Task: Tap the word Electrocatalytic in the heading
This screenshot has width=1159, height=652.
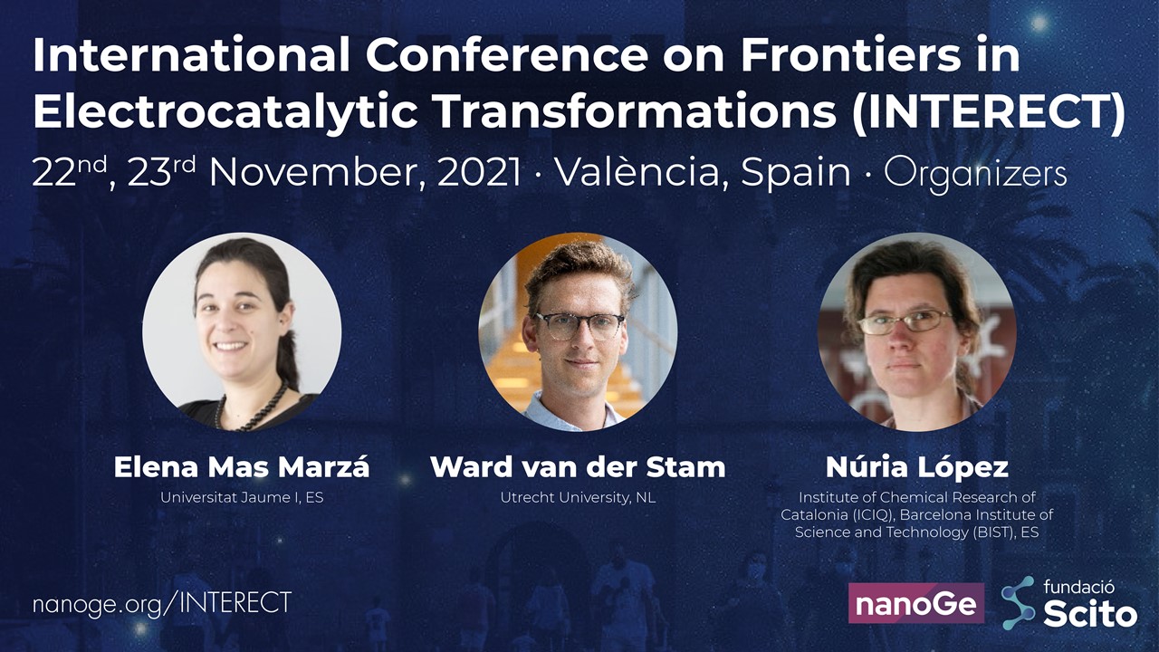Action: pos(225,111)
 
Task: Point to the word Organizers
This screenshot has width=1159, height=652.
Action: pos(975,175)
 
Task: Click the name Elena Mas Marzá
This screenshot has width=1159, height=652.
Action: pos(242,466)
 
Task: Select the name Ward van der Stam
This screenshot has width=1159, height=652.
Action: pos(578,466)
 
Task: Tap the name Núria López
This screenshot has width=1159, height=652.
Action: pos(917,466)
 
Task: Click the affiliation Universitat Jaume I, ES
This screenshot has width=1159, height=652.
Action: pos(242,497)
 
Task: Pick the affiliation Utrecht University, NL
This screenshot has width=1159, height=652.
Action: pos(578,497)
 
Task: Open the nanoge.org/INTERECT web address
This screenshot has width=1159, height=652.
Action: pos(162,603)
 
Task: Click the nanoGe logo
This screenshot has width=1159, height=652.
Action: pos(916,603)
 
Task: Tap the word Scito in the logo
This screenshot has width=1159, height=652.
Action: pos(1091,615)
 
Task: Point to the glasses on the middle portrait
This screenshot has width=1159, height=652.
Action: pos(579,326)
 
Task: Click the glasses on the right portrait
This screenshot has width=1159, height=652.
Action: pos(905,321)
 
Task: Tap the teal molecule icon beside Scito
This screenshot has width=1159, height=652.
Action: pos(1019,603)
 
